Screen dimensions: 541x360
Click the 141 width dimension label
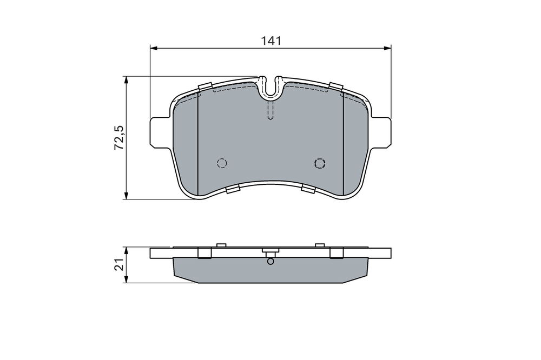tap(271, 41)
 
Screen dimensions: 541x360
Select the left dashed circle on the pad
tap(222, 163)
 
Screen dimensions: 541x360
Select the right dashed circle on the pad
tap(320, 163)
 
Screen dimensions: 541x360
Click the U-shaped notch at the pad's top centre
tap(271, 88)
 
